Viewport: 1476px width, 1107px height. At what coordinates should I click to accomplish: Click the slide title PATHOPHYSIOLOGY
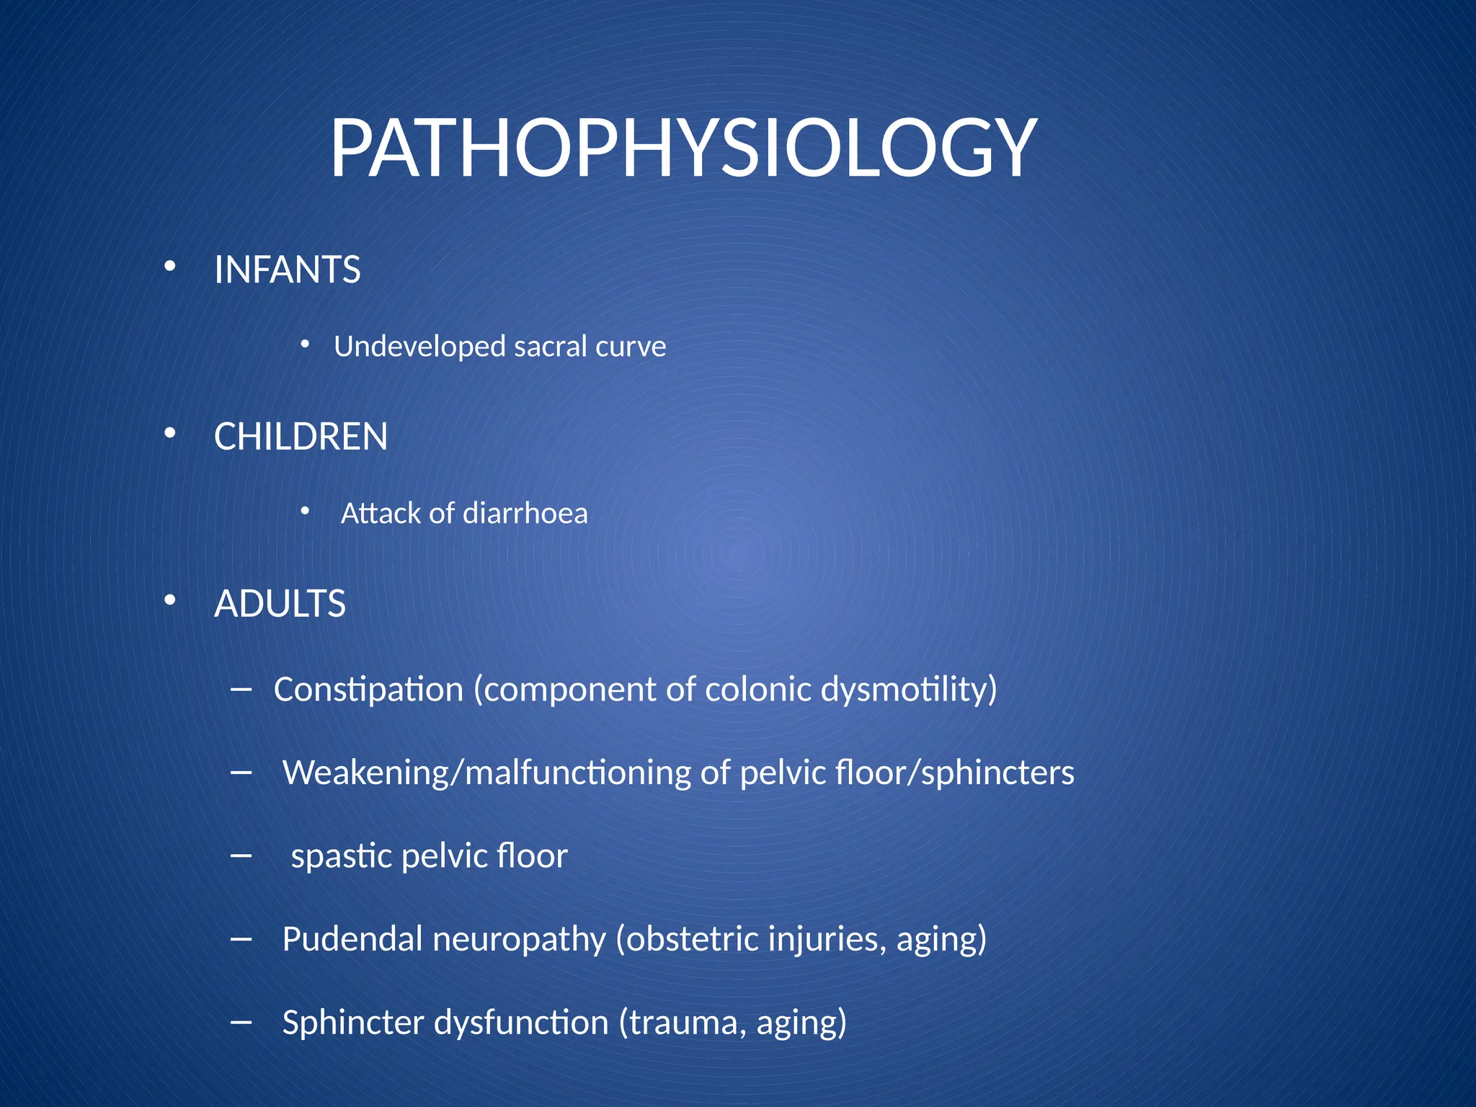click(683, 149)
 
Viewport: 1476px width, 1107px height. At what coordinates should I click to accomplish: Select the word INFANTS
click(287, 270)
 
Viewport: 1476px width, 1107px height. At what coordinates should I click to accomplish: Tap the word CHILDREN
click(301, 437)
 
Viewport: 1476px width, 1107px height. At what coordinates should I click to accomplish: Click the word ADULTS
click(280, 604)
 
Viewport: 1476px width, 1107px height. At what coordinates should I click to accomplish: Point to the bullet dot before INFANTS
click(170, 267)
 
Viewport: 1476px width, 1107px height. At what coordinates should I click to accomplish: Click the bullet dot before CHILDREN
click(170, 434)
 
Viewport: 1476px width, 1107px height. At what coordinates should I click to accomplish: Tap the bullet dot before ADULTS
click(170, 600)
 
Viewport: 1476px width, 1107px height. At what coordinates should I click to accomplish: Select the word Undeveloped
click(419, 347)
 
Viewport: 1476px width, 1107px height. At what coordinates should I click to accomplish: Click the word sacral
click(550, 347)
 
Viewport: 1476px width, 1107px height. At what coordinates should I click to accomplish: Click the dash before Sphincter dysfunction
click(241, 1023)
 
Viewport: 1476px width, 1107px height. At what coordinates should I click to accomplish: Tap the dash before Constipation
click(241, 690)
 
